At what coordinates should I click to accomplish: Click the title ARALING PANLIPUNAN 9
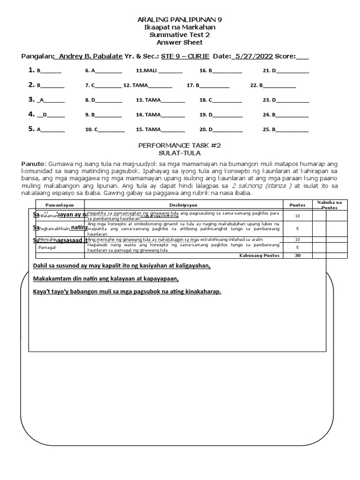(x=180, y=20)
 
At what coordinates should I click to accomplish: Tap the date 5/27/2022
(x=255, y=56)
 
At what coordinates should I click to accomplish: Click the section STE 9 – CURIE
(x=185, y=56)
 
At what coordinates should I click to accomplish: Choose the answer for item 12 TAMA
(x=140, y=85)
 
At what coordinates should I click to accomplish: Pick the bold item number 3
(x=30, y=99)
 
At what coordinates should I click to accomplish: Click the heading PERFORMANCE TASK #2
(x=180, y=146)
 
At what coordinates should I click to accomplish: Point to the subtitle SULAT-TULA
(x=180, y=153)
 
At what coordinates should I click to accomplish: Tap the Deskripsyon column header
(x=183, y=205)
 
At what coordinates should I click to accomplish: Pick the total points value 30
(x=297, y=255)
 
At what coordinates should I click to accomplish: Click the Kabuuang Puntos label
(x=259, y=255)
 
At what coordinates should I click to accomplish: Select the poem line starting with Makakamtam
(x=106, y=279)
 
